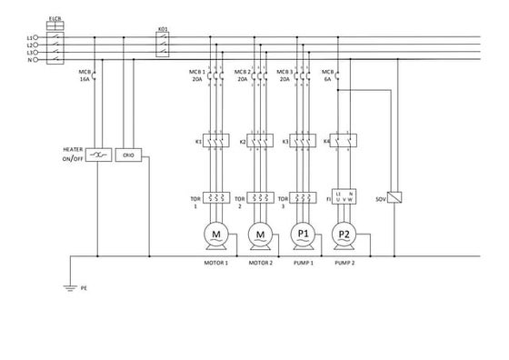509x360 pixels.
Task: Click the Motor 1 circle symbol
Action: [216, 235]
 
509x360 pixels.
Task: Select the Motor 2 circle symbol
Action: [260, 235]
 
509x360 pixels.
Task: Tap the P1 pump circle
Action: [303, 235]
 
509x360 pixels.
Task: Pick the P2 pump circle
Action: [344, 235]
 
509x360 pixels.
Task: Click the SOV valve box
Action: [395, 197]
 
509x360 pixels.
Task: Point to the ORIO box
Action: [129, 155]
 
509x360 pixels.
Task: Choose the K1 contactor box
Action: [216, 142]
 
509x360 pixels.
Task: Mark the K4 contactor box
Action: [344, 142]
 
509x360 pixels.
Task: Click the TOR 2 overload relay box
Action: [260, 197]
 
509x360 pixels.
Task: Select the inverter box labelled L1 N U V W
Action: [344, 197]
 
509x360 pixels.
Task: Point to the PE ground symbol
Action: [69, 287]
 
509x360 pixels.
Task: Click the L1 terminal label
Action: [29, 37]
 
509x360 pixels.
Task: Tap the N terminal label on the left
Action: [29, 60]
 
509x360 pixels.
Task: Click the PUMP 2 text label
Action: [344, 263]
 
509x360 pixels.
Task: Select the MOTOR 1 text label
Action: [215, 263]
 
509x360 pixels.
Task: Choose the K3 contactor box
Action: [303, 142]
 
